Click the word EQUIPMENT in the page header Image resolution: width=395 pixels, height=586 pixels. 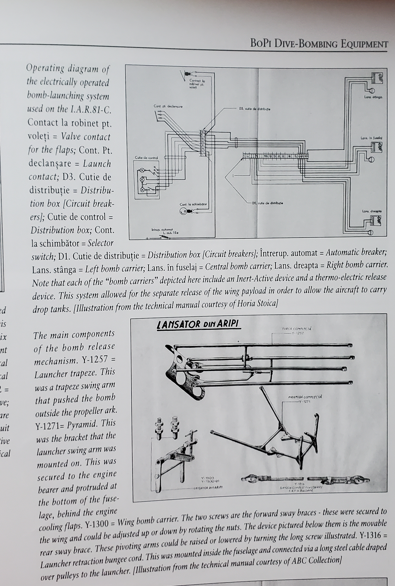tap(364, 44)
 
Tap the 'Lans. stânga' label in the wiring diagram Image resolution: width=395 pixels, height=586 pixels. tap(373, 97)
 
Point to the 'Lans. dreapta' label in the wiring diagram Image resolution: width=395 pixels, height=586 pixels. tap(372, 211)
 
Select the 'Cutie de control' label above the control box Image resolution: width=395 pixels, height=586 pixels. tap(145, 158)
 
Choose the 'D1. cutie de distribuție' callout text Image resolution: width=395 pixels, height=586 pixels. tap(267, 203)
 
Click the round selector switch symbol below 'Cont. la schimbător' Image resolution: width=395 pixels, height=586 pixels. tap(183, 212)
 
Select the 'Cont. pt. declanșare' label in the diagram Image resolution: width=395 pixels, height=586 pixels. tap(168, 106)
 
